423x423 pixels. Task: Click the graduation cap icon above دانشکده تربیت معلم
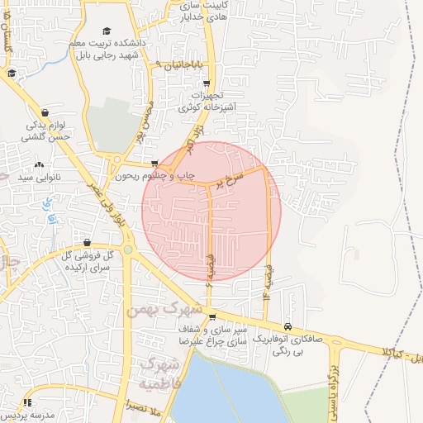(107, 31)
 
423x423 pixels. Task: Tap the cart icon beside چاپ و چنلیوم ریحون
(154, 164)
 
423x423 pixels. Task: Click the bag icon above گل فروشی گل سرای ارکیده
(88, 242)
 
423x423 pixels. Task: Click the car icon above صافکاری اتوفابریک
(288, 327)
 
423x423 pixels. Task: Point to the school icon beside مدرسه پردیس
(27, 402)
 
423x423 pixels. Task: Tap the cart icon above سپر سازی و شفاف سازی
(212, 316)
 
